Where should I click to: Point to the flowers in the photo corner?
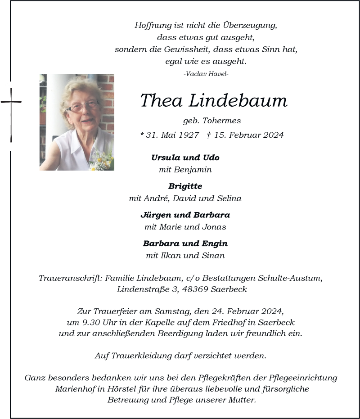(102, 161)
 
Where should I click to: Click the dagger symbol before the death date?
(209, 135)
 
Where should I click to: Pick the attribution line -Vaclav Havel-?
(206, 73)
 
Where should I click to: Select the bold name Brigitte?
(185, 186)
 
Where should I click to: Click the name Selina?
(229, 198)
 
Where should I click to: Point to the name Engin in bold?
(215, 243)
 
